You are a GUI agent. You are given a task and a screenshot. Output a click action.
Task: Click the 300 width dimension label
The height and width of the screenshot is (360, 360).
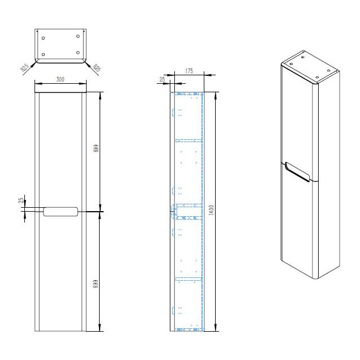click(x=60, y=79)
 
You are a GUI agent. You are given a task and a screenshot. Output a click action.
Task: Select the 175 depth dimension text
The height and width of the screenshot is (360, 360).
click(x=189, y=71)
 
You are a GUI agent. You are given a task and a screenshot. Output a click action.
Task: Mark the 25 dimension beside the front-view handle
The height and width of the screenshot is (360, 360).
click(x=21, y=200)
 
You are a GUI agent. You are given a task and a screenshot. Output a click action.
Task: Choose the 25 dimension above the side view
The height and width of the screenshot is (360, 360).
click(x=162, y=80)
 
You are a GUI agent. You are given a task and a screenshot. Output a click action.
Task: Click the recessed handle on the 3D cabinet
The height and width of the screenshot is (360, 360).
click(x=297, y=170)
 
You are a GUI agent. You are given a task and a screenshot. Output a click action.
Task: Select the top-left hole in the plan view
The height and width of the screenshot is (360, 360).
click(x=44, y=37)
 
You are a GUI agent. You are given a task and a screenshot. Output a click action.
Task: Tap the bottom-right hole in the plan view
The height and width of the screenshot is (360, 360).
click(x=78, y=53)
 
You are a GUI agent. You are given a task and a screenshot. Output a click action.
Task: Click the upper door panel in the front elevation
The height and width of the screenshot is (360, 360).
click(x=61, y=150)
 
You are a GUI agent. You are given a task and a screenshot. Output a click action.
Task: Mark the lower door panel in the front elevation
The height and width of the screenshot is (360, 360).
click(x=61, y=272)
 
